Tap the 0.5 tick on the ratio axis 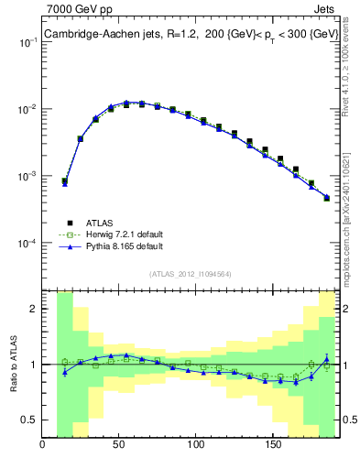pos(29,420)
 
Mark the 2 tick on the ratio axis pos(33,309)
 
